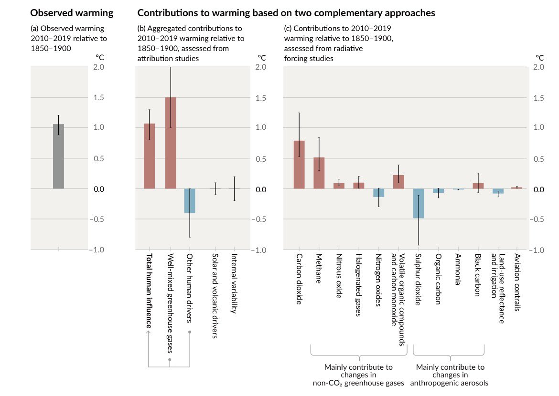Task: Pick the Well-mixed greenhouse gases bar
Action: pyautogui.click(x=171, y=143)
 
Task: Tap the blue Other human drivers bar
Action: pyautogui.click(x=190, y=201)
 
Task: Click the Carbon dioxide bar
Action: pyautogui.click(x=299, y=165)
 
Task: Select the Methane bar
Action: pyautogui.click(x=319, y=173)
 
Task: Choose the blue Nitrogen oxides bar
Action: pyautogui.click(x=379, y=193)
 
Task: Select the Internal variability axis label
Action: pyautogui.click(x=234, y=283)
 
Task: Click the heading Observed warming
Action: pyautogui.click(x=72, y=13)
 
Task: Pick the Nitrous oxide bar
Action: pyautogui.click(x=339, y=186)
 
